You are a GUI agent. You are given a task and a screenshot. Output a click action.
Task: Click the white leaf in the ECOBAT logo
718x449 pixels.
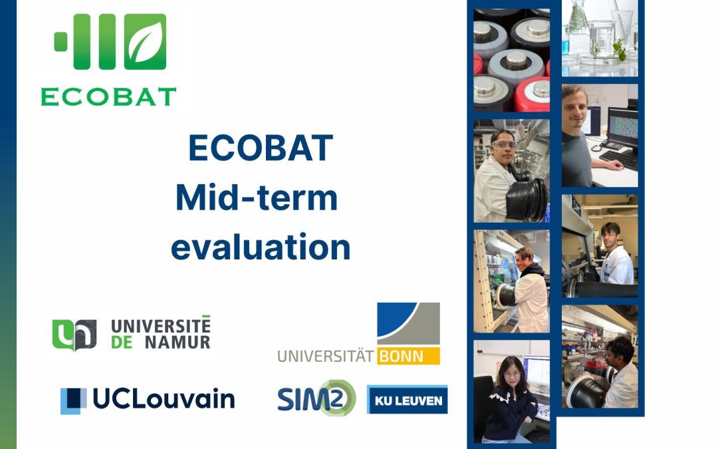click(x=145, y=42)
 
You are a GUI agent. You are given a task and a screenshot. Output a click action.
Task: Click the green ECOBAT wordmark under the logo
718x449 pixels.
click(x=108, y=96)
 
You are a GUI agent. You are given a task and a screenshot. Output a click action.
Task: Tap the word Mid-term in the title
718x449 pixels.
click(x=257, y=198)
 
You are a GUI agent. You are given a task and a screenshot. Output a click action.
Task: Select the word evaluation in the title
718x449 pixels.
click(x=261, y=247)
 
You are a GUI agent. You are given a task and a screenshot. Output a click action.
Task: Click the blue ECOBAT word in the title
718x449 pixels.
click(x=261, y=148)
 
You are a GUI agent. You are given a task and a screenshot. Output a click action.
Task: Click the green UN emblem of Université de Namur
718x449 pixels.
click(x=74, y=335)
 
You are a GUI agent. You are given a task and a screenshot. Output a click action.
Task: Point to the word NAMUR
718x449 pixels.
click(x=178, y=343)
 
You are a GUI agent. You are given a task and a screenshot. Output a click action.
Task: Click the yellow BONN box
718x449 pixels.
click(x=408, y=356)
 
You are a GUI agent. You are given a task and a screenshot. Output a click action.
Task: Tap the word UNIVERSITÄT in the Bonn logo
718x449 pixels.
click(x=326, y=357)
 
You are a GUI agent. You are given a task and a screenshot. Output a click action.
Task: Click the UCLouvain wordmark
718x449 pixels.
click(x=164, y=398)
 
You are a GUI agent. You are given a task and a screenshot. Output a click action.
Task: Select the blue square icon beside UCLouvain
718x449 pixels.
click(x=73, y=401)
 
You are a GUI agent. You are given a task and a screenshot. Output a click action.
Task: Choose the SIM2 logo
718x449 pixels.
click(x=316, y=398)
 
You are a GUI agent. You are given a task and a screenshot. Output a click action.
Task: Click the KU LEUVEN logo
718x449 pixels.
click(x=407, y=400)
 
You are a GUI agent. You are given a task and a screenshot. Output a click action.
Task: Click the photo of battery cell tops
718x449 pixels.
click(x=511, y=60)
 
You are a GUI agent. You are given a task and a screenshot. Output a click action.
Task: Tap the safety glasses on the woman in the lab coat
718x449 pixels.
click(x=504, y=146)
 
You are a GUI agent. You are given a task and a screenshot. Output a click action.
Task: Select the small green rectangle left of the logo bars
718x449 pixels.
click(x=60, y=42)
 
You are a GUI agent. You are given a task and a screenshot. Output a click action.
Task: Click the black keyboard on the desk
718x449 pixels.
click(x=619, y=159)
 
